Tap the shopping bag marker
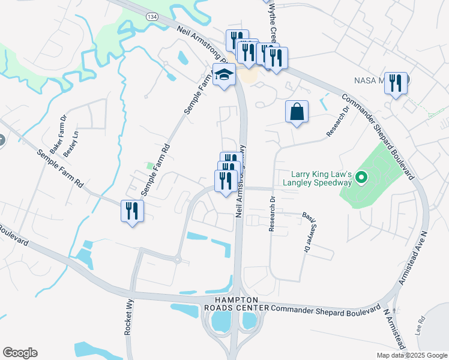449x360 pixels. (297, 112)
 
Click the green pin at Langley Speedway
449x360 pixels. (361, 178)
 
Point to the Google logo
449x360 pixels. (20, 353)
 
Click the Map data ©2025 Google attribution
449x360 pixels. (411, 355)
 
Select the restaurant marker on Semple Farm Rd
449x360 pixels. (132, 211)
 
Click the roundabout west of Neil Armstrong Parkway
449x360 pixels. (177, 260)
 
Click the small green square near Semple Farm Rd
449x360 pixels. (150, 165)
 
